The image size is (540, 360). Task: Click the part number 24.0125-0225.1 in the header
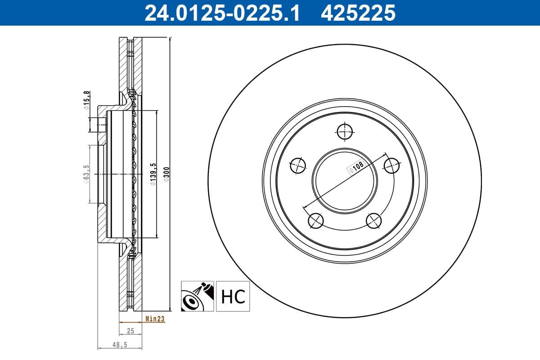point(222,13)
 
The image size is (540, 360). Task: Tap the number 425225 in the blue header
point(358,13)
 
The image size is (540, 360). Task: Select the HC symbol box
point(233,296)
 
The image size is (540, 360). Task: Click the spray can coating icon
point(198,296)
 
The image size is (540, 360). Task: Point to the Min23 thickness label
point(155,319)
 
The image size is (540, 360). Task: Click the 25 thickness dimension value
point(130,331)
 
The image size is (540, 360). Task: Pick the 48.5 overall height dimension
point(120,345)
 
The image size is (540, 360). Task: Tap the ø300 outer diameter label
point(166,174)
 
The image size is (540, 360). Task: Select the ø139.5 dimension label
point(153,174)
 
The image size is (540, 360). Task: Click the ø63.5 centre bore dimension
point(86,174)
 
